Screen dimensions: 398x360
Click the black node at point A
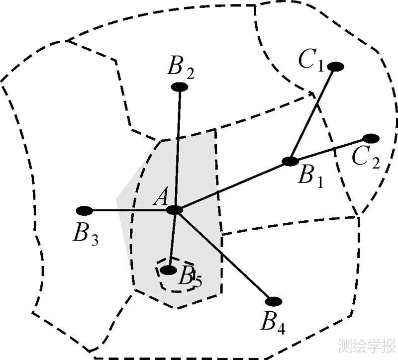click(175, 210)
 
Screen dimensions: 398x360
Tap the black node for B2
click(179, 87)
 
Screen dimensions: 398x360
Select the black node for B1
click(290, 161)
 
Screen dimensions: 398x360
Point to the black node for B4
click(274, 301)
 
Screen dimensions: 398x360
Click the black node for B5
click(170, 270)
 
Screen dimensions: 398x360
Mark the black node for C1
click(336, 66)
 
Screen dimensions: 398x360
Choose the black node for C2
click(371, 138)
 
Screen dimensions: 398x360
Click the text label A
click(160, 198)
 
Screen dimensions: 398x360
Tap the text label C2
click(366, 158)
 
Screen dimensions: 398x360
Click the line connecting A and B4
click(224, 256)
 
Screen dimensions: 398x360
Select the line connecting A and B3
click(129, 210)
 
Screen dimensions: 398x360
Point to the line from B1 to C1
click(312, 114)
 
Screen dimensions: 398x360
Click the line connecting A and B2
click(177, 149)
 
